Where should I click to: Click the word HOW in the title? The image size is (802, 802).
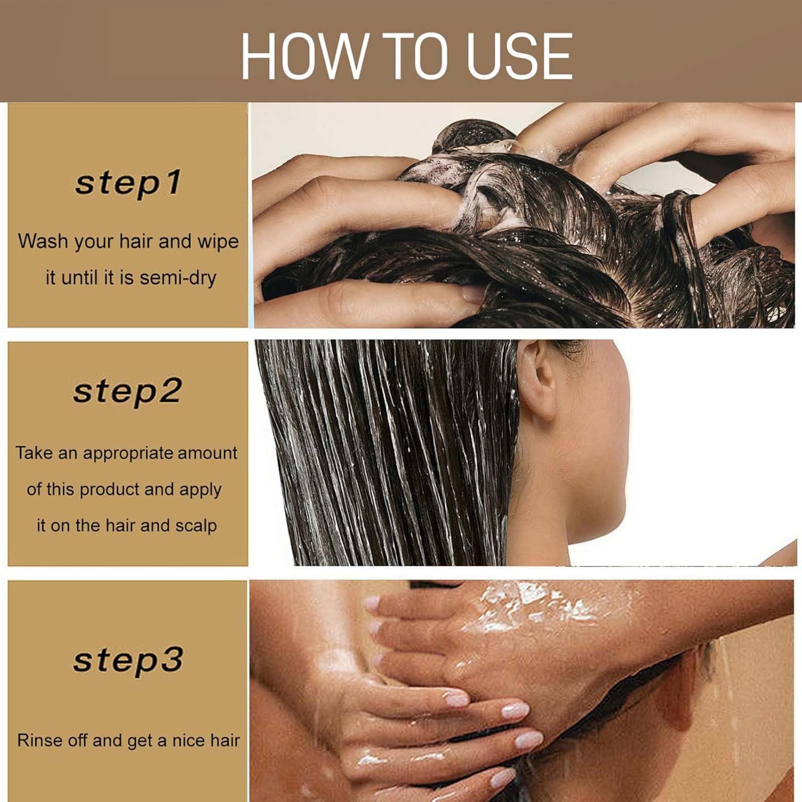pos(302,56)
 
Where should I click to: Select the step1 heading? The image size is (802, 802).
pos(128,183)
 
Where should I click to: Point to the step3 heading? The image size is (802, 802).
pos(128,660)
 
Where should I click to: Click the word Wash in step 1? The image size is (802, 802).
pos(43,241)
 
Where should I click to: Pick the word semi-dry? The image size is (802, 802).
pos(178,278)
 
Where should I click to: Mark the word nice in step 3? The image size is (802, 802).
pos(187,740)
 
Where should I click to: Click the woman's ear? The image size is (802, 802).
pos(537,380)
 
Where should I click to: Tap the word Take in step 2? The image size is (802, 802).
pos(34,453)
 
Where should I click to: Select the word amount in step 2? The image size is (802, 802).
pos(207,453)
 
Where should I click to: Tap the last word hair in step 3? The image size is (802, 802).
pos(224,740)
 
